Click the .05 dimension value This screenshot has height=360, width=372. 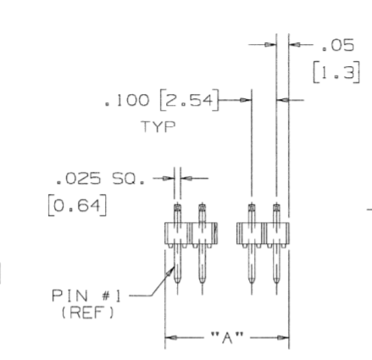pos(338,45)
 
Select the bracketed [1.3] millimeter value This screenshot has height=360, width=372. pos(336,73)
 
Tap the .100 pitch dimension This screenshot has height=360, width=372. pos(126,100)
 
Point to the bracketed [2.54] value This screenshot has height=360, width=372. pos(189,100)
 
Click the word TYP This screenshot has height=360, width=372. pos(158,126)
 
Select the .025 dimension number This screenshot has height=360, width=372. pos(78,179)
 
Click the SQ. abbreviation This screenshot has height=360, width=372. pos(129,179)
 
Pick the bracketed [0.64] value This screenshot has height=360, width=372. pos(78,205)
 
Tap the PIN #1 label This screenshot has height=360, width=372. pos(86,296)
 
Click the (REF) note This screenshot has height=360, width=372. pos(88,313)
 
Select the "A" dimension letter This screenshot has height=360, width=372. pos(227,337)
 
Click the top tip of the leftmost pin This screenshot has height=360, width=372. pos(177,203)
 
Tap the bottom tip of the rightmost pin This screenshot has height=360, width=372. pos(276,283)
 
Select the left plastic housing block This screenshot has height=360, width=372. pos(192,233)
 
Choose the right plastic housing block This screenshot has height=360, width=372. pos(263,233)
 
